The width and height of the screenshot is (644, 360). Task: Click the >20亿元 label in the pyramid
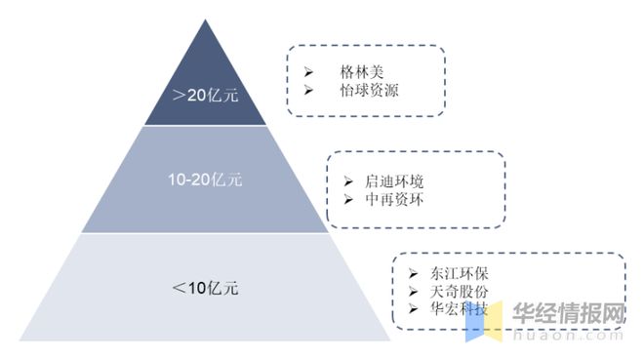point(205,96)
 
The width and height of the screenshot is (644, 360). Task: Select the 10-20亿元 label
point(205,180)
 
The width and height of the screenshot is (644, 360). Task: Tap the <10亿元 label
point(205,288)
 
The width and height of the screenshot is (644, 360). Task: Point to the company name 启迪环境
point(395,181)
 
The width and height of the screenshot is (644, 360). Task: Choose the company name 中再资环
point(395,199)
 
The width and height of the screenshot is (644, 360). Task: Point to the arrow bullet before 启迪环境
point(349,181)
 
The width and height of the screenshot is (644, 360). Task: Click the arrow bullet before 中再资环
point(349,199)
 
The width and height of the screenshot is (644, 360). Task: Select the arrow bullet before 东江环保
point(412,274)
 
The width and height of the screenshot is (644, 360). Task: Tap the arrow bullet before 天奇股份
point(412,292)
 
